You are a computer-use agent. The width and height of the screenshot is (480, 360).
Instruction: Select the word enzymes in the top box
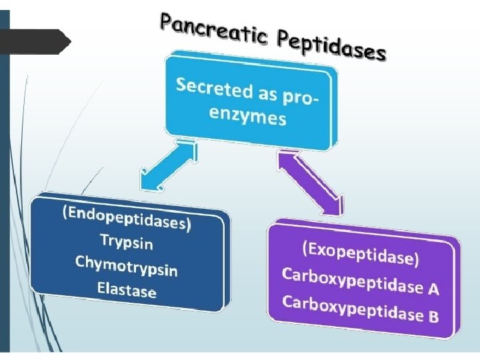pos(248,116)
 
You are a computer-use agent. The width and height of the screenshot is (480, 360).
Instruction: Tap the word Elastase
pos(126,289)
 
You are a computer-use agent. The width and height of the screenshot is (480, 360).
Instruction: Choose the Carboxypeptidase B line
pos(360,307)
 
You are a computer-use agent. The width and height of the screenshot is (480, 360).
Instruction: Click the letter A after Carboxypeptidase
pos(433,289)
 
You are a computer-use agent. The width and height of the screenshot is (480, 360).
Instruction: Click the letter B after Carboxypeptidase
pos(433,315)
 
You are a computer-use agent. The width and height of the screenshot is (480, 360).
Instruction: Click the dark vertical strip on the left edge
pos(5,180)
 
